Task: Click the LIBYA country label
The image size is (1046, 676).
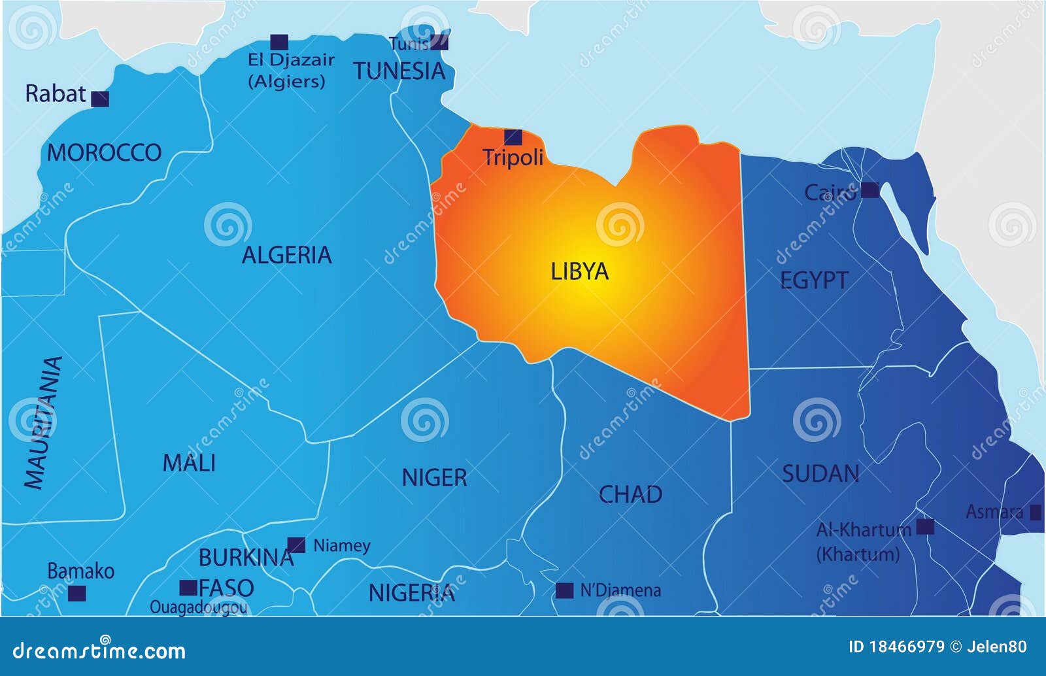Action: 579,271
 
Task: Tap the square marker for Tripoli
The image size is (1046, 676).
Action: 513,137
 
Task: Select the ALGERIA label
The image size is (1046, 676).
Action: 286,255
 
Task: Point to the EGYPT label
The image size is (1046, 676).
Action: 814,280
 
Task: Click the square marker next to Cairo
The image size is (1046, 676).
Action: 869,190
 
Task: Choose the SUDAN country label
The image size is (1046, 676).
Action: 820,473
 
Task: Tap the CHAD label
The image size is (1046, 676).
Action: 630,495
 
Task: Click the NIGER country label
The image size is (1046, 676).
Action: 434,478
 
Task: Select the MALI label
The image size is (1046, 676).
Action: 189,464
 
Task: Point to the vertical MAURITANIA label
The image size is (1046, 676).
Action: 43,422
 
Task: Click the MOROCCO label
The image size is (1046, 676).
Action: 104,153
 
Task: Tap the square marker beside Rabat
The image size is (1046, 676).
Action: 100,99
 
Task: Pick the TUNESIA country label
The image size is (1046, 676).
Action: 399,71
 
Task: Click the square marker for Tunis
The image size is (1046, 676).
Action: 439,42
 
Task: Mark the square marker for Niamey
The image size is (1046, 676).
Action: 296,545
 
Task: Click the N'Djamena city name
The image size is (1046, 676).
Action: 620,591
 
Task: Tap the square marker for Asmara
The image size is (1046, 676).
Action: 1036,513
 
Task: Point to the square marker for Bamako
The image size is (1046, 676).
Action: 77,594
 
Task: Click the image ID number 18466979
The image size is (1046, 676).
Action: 905,647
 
